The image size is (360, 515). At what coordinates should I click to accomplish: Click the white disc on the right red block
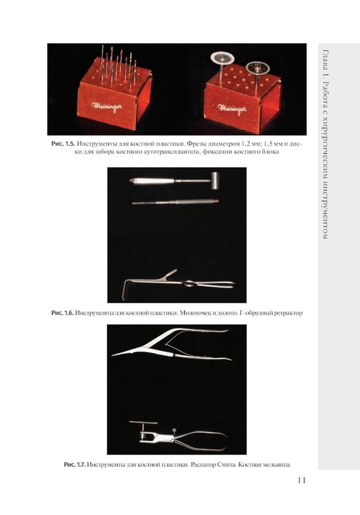pyautogui.click(x=223, y=58)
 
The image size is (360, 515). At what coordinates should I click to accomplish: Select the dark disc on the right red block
pyautogui.click(x=258, y=68)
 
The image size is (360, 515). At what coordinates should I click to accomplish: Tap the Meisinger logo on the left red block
pyautogui.click(x=107, y=106)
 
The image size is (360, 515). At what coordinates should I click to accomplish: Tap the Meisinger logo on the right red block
pyautogui.click(x=232, y=108)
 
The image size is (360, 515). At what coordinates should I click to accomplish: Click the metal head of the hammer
pyautogui.click(x=214, y=181)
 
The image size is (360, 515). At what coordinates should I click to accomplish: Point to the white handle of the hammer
pyautogui.click(x=151, y=181)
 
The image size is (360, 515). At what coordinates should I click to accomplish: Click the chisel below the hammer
pyautogui.click(x=175, y=202)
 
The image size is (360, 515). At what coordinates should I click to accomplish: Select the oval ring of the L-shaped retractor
pyautogui.click(x=188, y=284)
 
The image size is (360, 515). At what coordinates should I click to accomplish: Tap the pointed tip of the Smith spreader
pyautogui.click(x=113, y=355)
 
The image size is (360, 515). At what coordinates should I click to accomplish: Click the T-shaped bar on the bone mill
pyautogui.click(x=143, y=422)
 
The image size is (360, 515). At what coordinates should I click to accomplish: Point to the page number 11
pyautogui.click(x=302, y=480)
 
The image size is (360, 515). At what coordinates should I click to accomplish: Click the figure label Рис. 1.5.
pyautogui.click(x=63, y=144)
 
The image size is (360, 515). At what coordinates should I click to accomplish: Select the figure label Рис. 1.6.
pyautogui.click(x=62, y=312)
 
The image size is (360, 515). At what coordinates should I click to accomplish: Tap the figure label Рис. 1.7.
pyautogui.click(x=75, y=464)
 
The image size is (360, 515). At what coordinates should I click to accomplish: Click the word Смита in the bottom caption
pyautogui.click(x=226, y=464)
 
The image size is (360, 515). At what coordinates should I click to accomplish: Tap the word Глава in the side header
pyautogui.click(x=326, y=60)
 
